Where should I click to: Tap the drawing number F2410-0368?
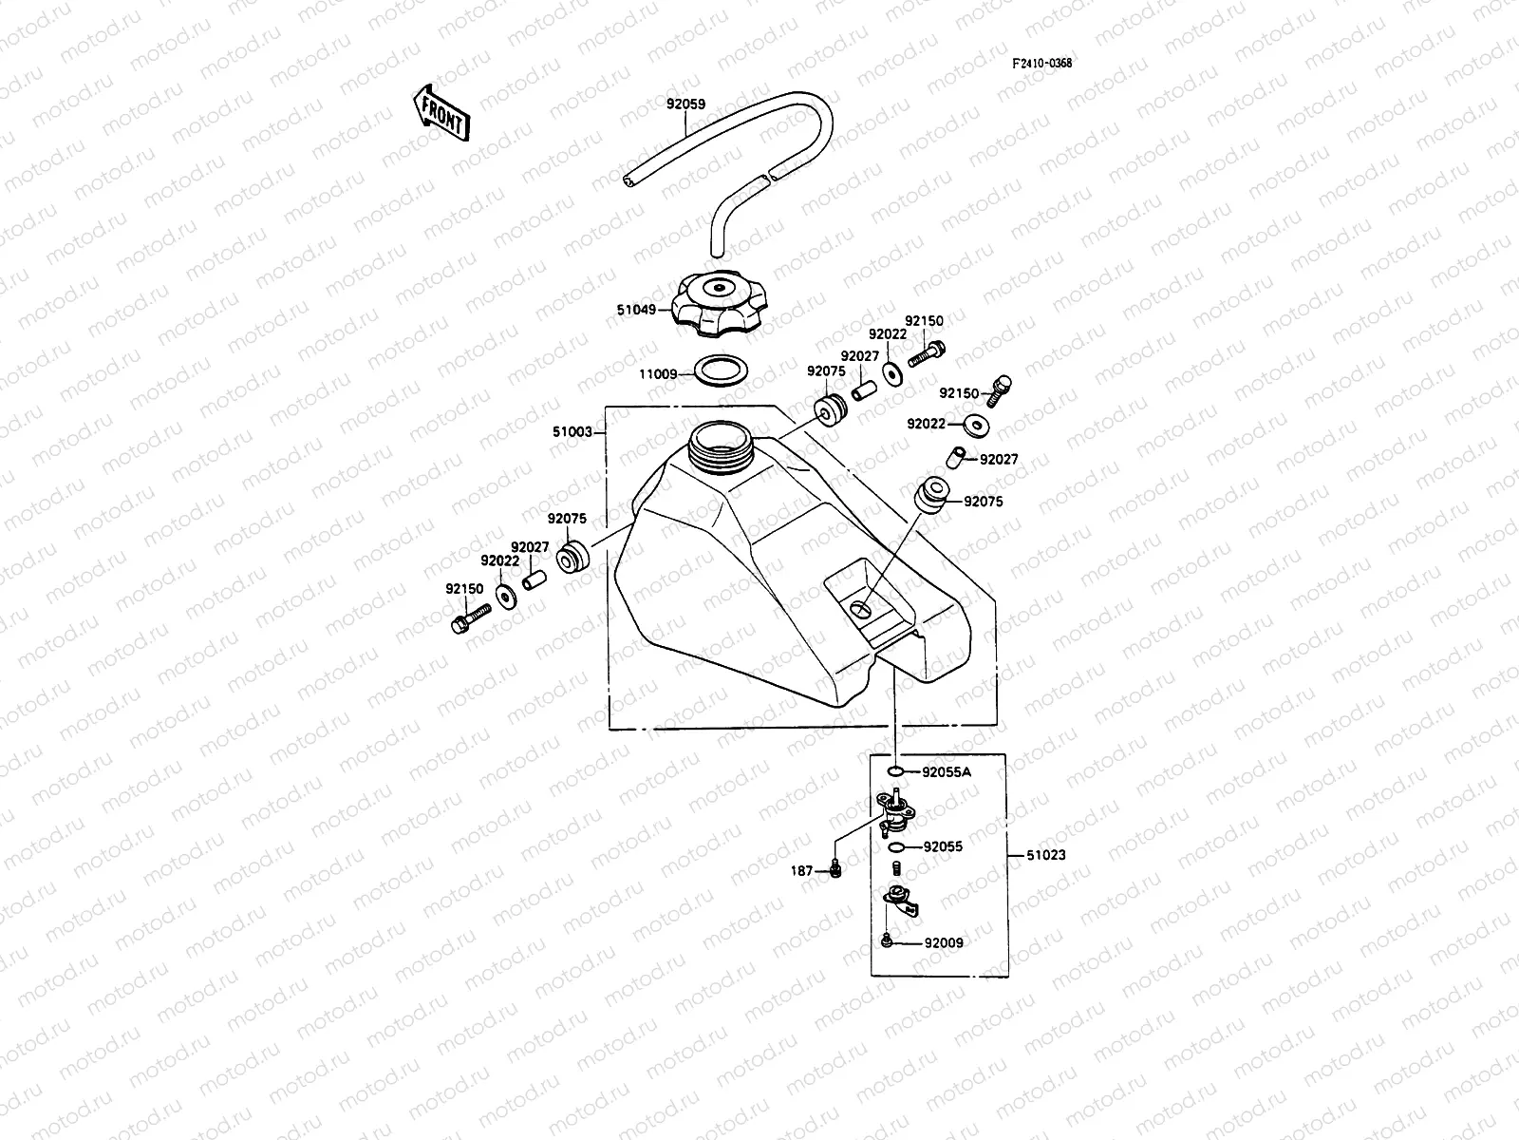point(1041,64)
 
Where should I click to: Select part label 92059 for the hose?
point(684,104)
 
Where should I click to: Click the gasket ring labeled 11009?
point(720,371)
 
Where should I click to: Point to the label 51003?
point(572,432)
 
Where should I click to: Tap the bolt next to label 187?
point(836,868)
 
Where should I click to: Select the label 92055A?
point(947,771)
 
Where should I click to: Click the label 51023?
point(1045,855)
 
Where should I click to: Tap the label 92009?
point(943,943)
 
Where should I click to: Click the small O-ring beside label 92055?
point(896,845)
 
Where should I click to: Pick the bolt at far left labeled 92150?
point(466,622)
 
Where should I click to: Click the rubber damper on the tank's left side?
point(572,558)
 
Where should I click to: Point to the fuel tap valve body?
point(895,812)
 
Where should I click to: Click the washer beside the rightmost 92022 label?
point(976,425)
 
